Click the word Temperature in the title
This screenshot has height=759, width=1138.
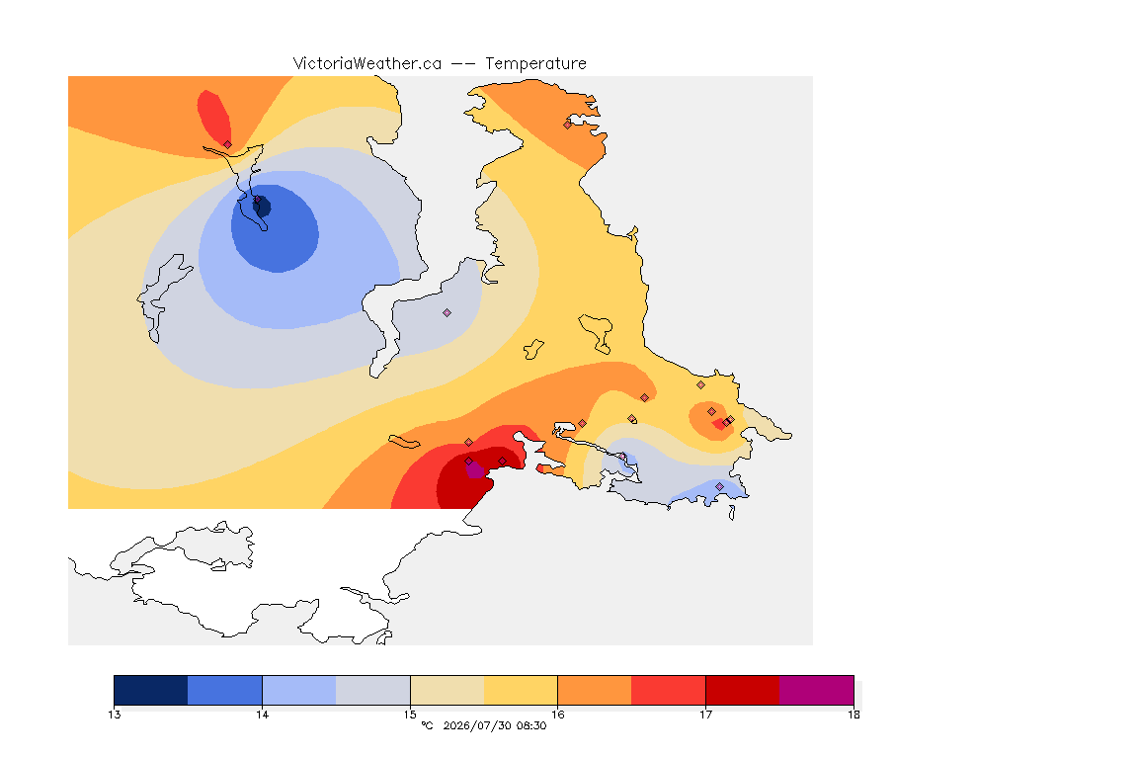pyautogui.click(x=535, y=64)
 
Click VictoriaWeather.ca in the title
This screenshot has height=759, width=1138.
pyautogui.click(x=367, y=64)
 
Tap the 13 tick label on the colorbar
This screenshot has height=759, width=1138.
pyautogui.click(x=114, y=715)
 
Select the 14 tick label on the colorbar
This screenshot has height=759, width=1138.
pyautogui.click(x=262, y=715)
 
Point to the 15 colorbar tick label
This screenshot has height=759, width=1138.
pyautogui.click(x=410, y=715)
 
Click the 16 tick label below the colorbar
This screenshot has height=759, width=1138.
pyautogui.click(x=557, y=715)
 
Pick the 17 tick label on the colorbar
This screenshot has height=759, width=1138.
pyautogui.click(x=705, y=715)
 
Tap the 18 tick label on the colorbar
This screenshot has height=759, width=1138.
pyautogui.click(x=853, y=715)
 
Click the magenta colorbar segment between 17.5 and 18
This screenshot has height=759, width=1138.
pyautogui.click(x=817, y=690)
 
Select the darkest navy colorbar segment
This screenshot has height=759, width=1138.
pyautogui.click(x=151, y=690)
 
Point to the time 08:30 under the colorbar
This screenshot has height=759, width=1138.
pyautogui.click(x=531, y=725)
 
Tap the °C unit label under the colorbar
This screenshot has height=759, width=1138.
pyautogui.click(x=427, y=725)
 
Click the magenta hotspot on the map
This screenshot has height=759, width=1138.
pyautogui.click(x=474, y=470)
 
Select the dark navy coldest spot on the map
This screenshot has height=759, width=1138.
pyautogui.click(x=262, y=207)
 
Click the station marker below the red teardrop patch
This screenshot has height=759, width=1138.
pyautogui.click(x=228, y=145)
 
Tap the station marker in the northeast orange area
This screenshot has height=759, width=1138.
pyautogui.click(x=568, y=125)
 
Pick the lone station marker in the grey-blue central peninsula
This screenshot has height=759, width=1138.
pyautogui.click(x=447, y=313)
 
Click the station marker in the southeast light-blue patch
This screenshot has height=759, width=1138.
pyautogui.click(x=719, y=486)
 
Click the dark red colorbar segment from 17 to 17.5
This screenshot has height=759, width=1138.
pyautogui.click(x=743, y=690)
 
